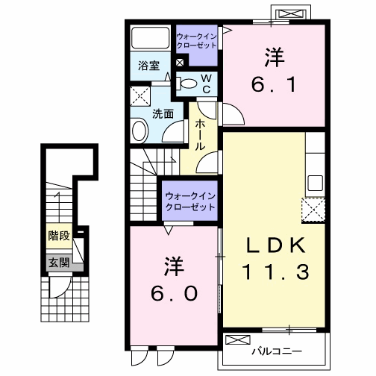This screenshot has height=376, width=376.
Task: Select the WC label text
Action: pos(207,82)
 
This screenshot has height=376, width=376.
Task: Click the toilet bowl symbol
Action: pos(189,83)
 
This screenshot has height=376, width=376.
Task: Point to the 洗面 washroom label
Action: pos(163,114)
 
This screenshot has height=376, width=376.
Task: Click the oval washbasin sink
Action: pos(140,132)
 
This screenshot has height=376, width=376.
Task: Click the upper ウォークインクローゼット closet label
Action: pos(196,40)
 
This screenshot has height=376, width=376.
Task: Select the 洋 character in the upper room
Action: pos(273,56)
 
